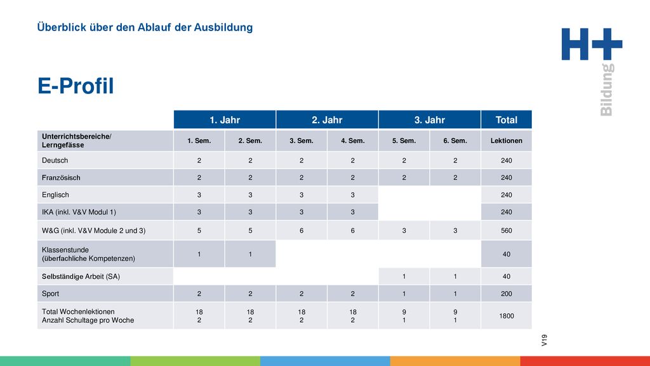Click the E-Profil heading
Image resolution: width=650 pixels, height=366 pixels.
tap(76, 86)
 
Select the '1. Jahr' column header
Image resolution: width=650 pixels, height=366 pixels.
tap(225, 120)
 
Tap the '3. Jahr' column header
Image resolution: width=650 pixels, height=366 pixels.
tap(430, 120)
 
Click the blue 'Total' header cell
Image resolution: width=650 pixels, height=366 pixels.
tap(506, 120)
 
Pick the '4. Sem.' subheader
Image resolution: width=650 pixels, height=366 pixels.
tap(353, 140)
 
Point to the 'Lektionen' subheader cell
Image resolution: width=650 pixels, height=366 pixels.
tap(506, 140)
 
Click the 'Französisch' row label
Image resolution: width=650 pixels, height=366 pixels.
tap(61, 178)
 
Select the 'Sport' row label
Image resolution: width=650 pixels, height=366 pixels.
tap(50, 294)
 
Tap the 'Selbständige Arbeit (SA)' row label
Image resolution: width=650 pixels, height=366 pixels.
tap(81, 276)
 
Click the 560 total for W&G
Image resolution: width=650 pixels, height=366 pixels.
tap(506, 230)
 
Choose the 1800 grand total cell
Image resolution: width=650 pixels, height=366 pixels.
tap(506, 316)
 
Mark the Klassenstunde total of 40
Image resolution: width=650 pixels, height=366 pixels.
tap(506, 254)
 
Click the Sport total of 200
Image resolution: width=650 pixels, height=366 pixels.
tap(506, 294)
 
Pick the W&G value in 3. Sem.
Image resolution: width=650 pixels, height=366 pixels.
tap(302, 230)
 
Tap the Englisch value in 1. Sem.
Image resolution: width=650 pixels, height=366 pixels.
tap(199, 194)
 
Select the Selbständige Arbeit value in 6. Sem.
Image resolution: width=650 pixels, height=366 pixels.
tap(455, 276)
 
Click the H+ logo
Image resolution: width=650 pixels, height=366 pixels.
tap(592, 44)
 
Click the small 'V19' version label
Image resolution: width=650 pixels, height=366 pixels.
tap(544, 341)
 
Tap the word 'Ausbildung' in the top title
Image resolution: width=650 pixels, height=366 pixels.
tap(223, 27)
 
